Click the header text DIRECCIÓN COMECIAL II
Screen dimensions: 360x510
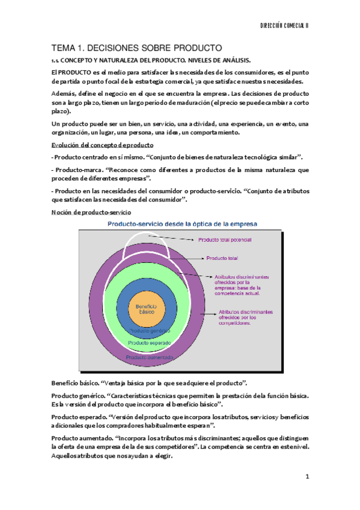tap(292, 26)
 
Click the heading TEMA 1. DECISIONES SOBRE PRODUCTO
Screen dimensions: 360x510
tap(136, 48)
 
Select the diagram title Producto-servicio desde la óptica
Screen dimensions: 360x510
tap(182, 224)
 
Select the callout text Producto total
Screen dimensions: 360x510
tap(222, 258)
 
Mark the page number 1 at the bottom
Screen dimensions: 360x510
tap(307, 477)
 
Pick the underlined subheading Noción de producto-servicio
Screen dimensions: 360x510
tap(88, 212)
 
